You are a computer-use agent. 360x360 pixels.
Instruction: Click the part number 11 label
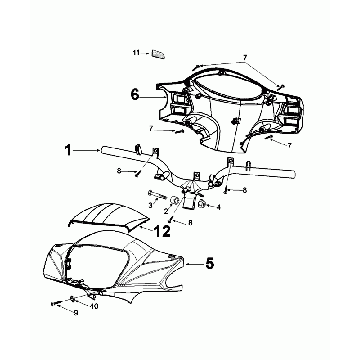pyautogui.click(x=137, y=51)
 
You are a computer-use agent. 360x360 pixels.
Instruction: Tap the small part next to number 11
pyautogui.click(x=158, y=54)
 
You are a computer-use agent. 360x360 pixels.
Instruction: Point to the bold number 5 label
pyautogui.click(x=209, y=265)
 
